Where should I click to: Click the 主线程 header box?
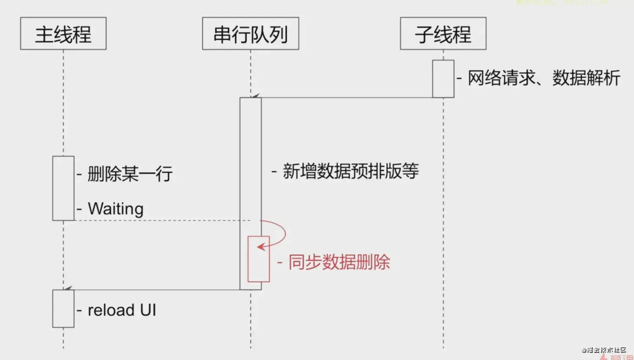click(63, 34)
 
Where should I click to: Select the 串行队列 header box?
click(251, 34)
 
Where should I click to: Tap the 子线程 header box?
click(443, 34)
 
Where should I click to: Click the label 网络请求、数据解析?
click(544, 78)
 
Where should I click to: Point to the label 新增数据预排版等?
click(350, 171)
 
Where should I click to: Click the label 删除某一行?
click(130, 174)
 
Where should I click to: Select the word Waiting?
click(115, 209)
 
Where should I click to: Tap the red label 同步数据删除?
click(339, 262)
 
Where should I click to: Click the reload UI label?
click(122, 310)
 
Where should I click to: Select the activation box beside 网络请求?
click(443, 79)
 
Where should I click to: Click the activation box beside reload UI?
click(63, 308)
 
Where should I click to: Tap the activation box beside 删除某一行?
click(63, 188)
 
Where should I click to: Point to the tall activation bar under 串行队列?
click(251, 169)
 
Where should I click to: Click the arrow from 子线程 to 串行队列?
click(347, 98)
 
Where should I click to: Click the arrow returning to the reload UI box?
click(152, 290)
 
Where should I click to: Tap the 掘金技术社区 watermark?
click(604, 350)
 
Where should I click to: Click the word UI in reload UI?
click(148, 310)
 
